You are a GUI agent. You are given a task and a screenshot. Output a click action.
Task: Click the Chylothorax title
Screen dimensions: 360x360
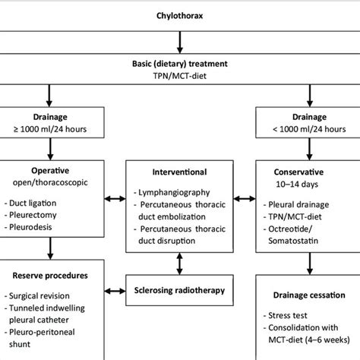(x=179, y=15)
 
